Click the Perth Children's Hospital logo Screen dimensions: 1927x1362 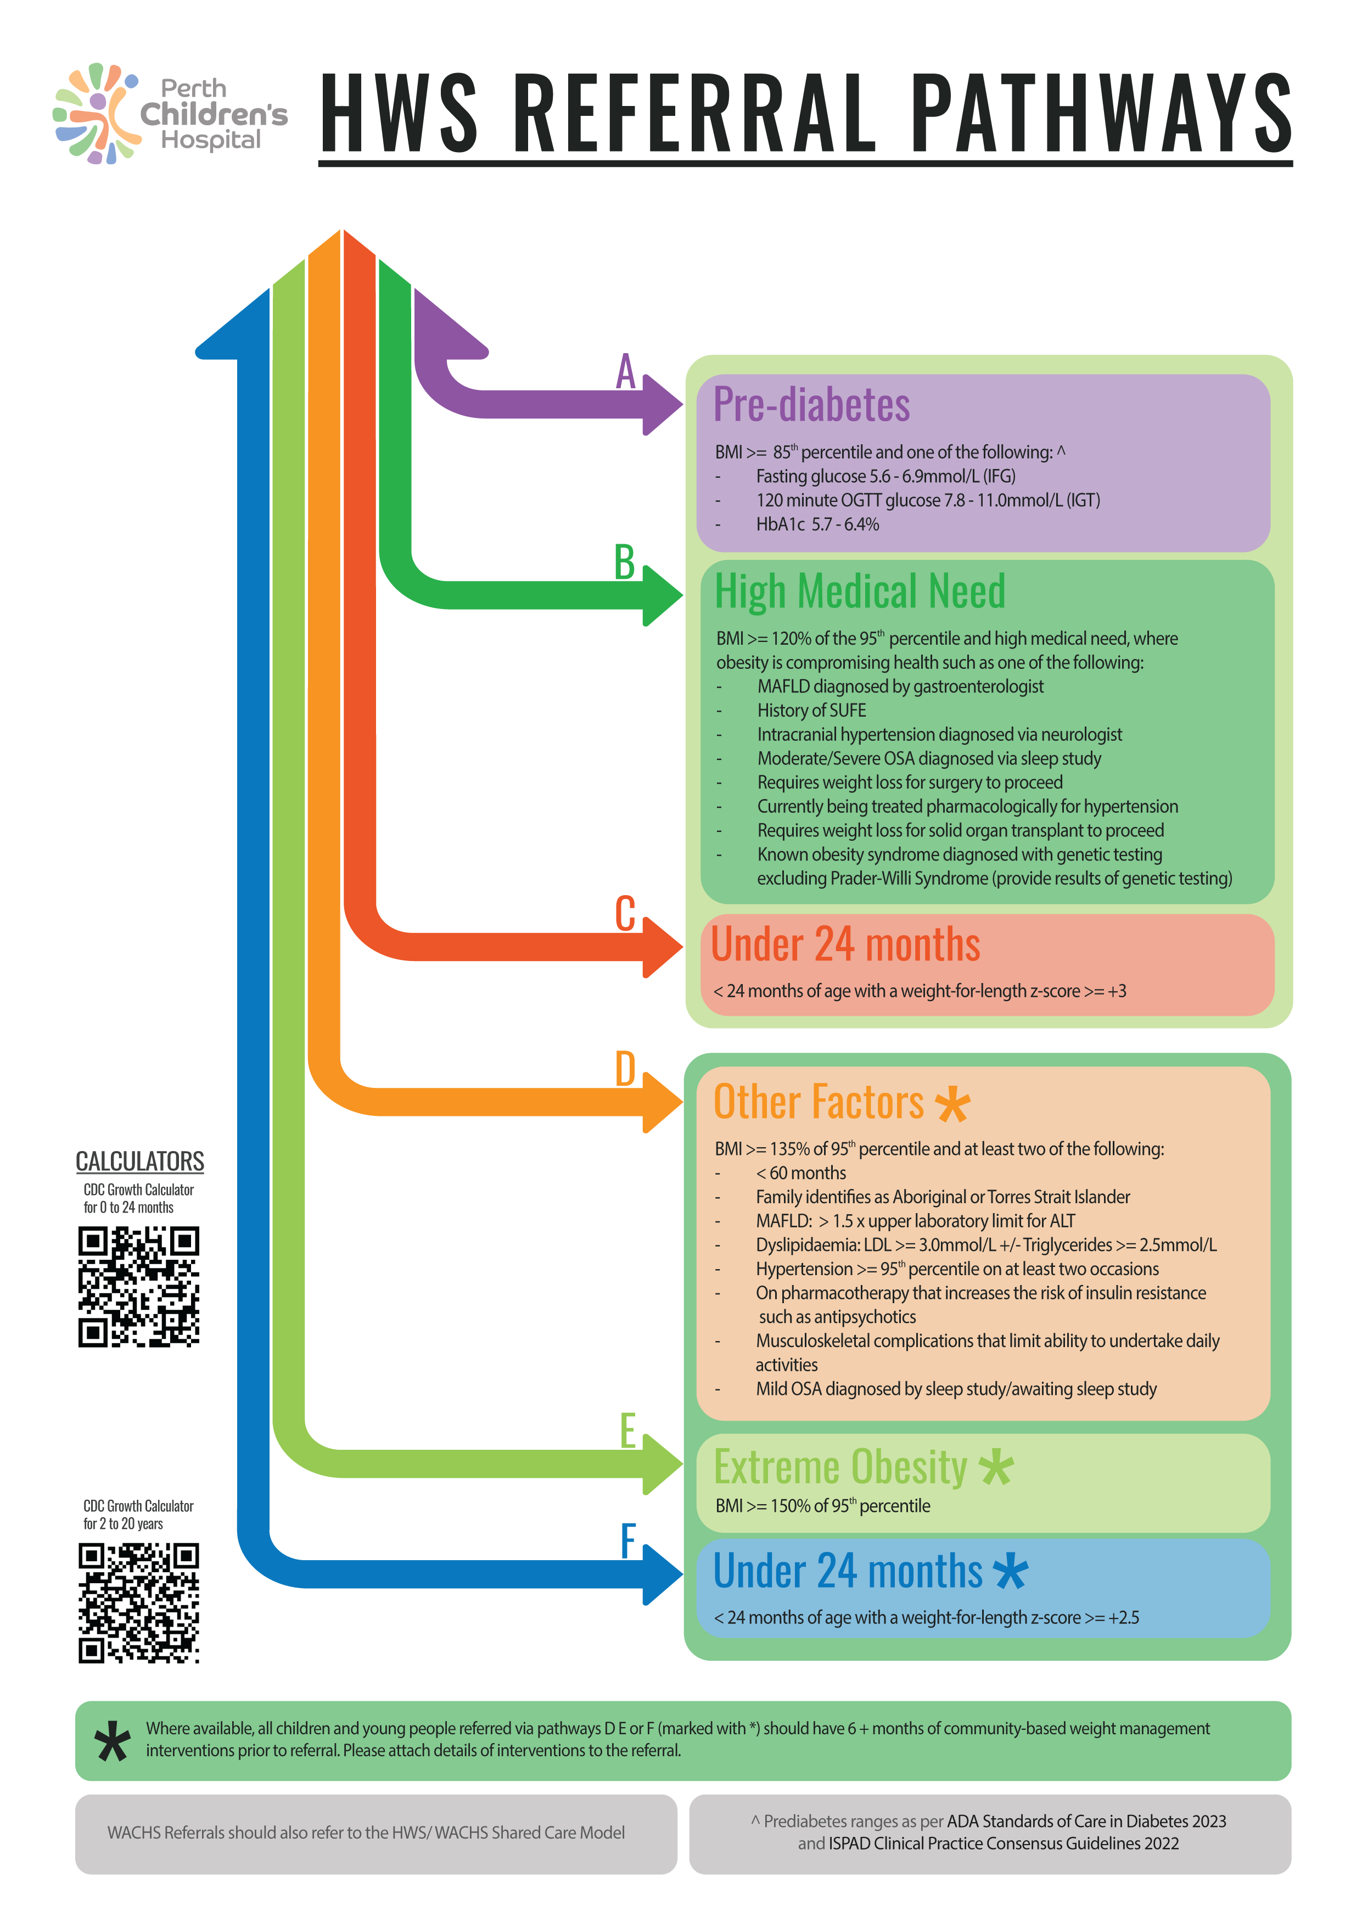[170, 113]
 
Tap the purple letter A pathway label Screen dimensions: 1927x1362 [625, 371]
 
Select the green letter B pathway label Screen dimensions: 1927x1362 [624, 562]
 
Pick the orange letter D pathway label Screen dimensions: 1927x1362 [625, 1069]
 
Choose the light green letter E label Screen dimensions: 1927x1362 [627, 1431]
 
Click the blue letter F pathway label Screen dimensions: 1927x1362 [627, 1541]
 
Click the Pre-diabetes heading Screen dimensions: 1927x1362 [811, 405]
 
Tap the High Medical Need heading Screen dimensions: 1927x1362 [859, 591]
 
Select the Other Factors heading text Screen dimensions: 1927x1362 [818, 1102]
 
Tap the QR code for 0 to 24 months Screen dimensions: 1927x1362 [138, 1287]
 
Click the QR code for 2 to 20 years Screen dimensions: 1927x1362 [138, 1602]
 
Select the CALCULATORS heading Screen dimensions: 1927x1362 [139, 1161]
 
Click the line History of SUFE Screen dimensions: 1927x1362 [811, 710]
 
